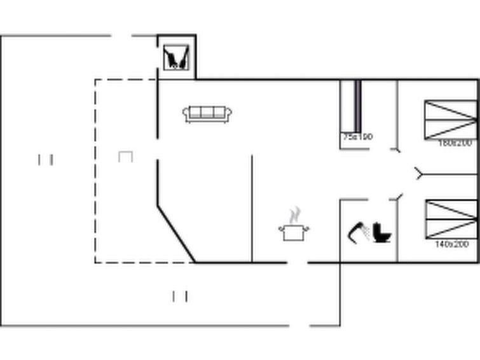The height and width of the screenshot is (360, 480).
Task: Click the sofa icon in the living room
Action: click(x=207, y=114)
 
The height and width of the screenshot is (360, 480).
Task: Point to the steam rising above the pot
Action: click(x=294, y=215)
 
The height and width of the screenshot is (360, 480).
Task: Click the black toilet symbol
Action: click(x=383, y=232)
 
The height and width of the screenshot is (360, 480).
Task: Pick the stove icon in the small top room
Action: click(x=176, y=58)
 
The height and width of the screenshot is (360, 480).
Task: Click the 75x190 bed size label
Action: click(x=357, y=137)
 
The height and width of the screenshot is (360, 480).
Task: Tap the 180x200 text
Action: click(x=455, y=143)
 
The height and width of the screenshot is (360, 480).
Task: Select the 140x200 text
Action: click(x=451, y=244)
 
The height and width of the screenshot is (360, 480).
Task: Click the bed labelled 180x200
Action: click(x=450, y=119)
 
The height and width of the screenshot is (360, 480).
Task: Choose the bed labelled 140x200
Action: click(x=451, y=219)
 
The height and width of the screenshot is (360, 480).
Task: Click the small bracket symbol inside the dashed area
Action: click(x=125, y=156)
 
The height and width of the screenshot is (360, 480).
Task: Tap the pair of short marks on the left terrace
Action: click(x=45, y=160)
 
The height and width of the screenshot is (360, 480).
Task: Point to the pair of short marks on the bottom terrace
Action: click(x=180, y=296)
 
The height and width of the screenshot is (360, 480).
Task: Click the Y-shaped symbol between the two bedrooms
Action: click(x=419, y=173)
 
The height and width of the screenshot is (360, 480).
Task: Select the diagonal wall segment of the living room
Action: click(x=176, y=233)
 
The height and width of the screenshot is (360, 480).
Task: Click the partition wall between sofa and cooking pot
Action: click(x=252, y=208)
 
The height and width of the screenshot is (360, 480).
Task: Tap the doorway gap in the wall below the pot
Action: click(x=298, y=262)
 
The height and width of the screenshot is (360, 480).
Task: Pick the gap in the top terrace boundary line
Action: click(x=121, y=36)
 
